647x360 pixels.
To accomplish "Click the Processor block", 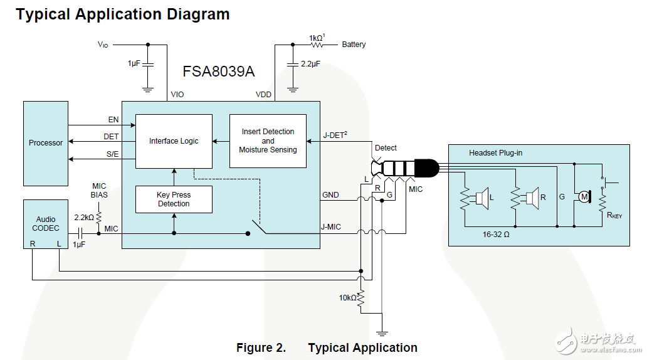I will (46, 143).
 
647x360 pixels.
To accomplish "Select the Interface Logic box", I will (174, 141).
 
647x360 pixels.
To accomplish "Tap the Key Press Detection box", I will (174, 199).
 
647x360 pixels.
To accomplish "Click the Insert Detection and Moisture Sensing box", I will (268, 141).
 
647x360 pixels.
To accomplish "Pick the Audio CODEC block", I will (46, 224).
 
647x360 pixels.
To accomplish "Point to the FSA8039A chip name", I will (219, 71).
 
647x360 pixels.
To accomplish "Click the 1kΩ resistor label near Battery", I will (317, 38).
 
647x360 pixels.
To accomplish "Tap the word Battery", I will (354, 45).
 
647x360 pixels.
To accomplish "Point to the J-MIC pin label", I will (332, 226).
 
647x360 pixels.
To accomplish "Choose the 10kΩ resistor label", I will (347, 297).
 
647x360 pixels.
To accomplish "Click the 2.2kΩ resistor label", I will (83, 217).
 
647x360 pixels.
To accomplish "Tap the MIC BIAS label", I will (99, 190).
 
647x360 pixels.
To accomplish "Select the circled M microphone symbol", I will (584, 197).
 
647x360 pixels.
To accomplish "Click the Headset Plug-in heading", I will (495, 153).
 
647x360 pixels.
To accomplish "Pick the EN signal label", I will (113, 119).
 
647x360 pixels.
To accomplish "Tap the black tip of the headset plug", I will (428, 168).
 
